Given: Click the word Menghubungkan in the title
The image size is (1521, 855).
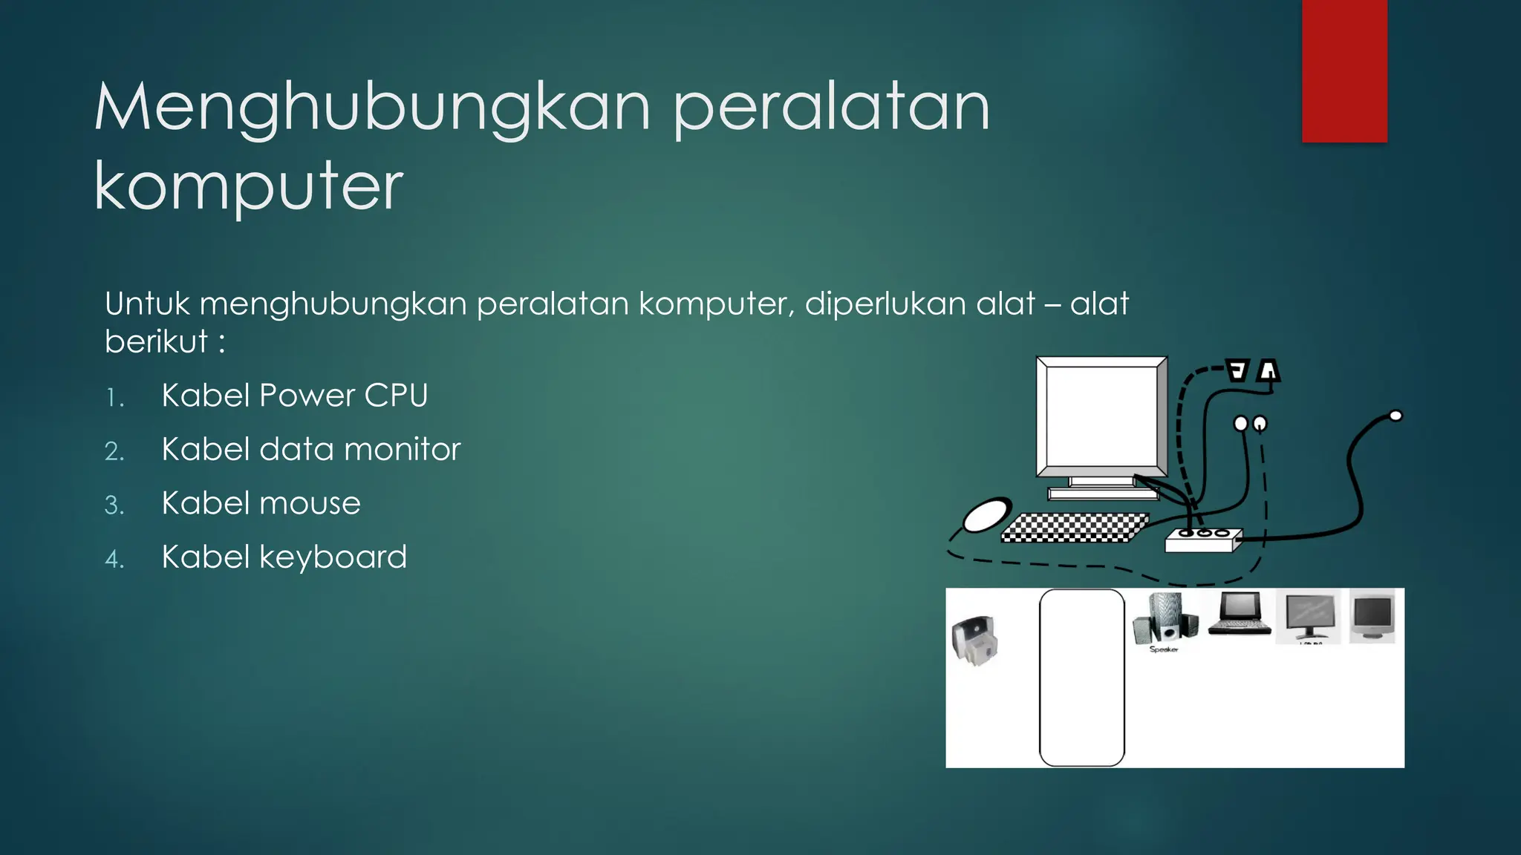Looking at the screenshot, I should (x=371, y=109).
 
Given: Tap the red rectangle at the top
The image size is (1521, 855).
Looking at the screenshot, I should (x=1344, y=71).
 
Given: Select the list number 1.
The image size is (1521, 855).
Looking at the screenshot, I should (x=114, y=398).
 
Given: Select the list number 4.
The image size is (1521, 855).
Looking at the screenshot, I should (x=114, y=559).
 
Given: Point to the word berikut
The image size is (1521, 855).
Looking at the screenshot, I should (x=156, y=342).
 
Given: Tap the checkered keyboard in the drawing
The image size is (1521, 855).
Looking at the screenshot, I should (x=1073, y=527).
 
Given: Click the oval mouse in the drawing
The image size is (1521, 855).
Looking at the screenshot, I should (x=986, y=514).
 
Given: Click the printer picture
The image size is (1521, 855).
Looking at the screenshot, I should (x=974, y=640).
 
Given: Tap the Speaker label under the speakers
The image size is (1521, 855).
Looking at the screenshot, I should (x=1163, y=649).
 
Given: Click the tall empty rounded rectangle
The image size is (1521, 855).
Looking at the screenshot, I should (x=1081, y=677).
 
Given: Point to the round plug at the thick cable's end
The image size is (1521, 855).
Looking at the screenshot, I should (x=1395, y=416).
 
